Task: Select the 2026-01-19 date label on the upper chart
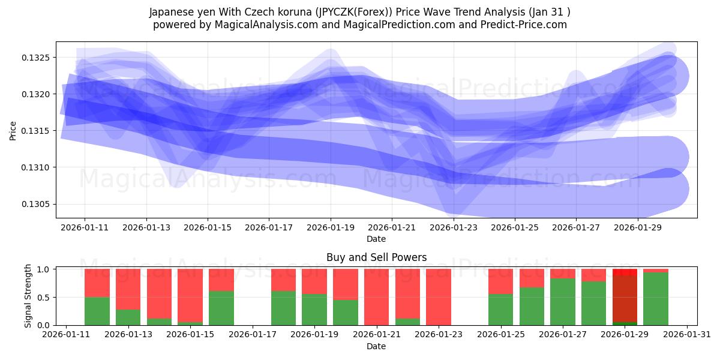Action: (x=330, y=228)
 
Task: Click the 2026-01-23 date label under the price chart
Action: (x=454, y=228)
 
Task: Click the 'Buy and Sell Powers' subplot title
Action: (x=376, y=257)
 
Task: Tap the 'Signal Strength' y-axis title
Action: (x=28, y=296)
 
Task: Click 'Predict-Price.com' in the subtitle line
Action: (x=520, y=25)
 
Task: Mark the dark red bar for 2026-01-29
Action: (x=625, y=299)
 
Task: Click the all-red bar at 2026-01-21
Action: (x=376, y=297)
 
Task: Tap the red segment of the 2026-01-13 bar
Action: (x=128, y=289)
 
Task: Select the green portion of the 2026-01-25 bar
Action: (x=500, y=310)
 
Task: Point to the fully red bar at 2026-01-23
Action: (x=438, y=297)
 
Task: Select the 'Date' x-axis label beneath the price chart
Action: (x=376, y=239)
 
